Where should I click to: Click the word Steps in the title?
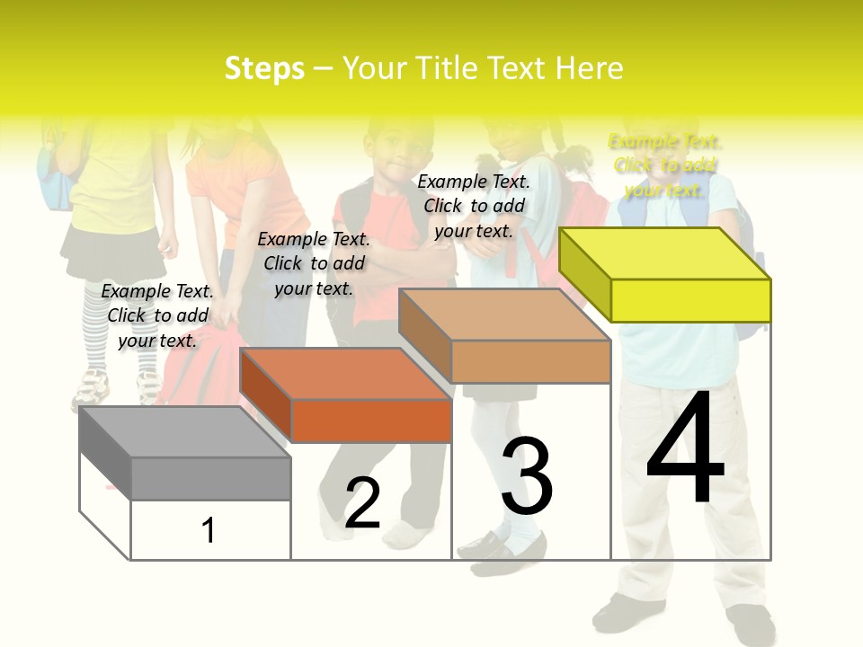click(264, 68)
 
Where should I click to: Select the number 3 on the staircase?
click(527, 476)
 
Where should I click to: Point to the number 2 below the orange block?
click(362, 503)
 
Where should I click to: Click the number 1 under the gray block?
click(209, 530)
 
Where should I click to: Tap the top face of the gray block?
click(184, 432)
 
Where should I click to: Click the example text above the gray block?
click(157, 315)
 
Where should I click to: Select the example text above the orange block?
click(314, 263)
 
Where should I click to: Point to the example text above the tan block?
click(474, 206)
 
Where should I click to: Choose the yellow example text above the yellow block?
click(664, 165)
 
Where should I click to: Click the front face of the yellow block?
click(690, 300)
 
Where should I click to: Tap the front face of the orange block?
click(371, 421)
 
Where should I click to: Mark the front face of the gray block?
click(210, 478)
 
